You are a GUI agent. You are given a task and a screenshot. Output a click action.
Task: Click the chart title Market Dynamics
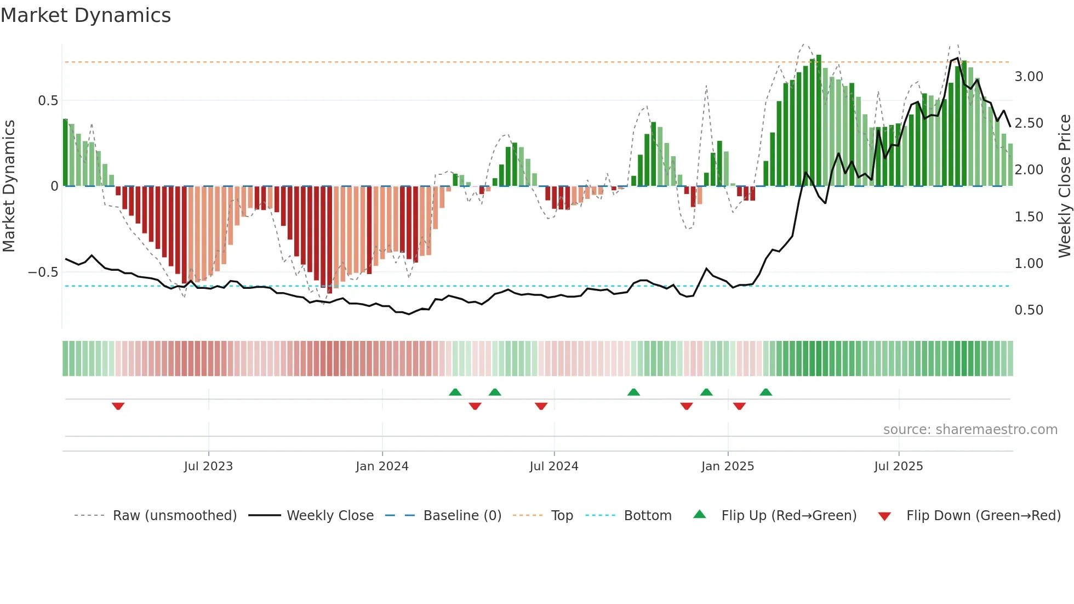click(85, 15)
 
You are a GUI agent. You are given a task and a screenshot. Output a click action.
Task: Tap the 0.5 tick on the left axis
click(48, 101)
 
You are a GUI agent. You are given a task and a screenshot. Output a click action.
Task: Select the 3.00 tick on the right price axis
click(1029, 77)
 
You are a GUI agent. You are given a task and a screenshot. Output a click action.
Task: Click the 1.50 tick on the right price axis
click(1029, 217)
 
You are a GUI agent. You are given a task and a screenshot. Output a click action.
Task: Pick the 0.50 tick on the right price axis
click(1029, 310)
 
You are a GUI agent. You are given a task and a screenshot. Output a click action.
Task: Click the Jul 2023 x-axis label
click(208, 466)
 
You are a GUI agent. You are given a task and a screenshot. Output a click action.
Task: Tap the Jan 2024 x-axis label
click(382, 466)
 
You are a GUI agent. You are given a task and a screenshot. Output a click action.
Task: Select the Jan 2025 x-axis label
click(727, 466)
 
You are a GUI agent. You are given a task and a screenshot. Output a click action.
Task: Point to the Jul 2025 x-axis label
click(898, 466)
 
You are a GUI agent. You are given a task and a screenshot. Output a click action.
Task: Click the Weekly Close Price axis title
click(1064, 186)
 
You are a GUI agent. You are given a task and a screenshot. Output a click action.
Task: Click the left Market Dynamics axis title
click(9, 186)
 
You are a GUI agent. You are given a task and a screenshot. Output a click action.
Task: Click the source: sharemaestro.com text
click(970, 430)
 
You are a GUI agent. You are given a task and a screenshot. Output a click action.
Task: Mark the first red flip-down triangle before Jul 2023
click(118, 406)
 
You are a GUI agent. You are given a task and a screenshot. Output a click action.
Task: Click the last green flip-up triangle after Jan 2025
click(765, 392)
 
